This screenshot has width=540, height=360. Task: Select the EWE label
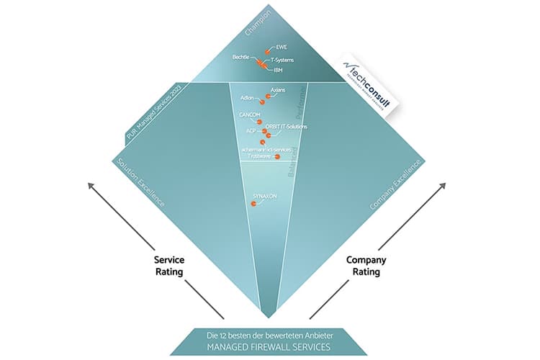[x=282, y=46]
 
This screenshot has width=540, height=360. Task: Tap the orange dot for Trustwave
[x=278, y=156]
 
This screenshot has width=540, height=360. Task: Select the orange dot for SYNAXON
[x=253, y=204]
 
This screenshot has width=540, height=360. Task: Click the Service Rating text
[x=168, y=265]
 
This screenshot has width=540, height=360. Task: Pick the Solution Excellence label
[x=141, y=181]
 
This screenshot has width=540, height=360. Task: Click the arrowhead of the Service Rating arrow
[x=92, y=186]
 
